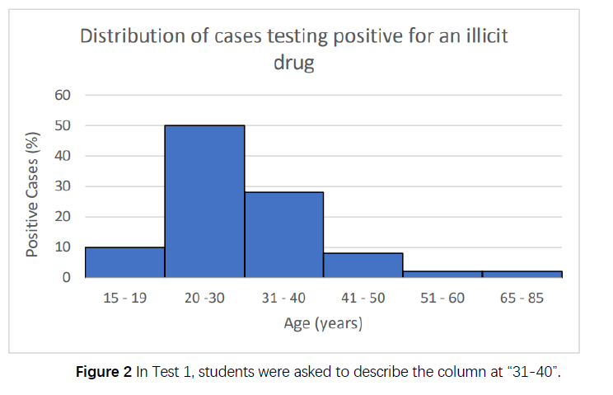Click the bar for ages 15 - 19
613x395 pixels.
click(124, 262)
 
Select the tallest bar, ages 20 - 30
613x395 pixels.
click(204, 201)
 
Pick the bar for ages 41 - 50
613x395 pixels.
click(363, 266)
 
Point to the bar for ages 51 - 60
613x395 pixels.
click(442, 274)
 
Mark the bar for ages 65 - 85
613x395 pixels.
click(522, 274)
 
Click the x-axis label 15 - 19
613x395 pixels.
click(124, 299)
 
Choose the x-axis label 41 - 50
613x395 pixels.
click(363, 299)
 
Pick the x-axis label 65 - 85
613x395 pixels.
click(522, 299)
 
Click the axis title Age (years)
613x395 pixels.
click(323, 323)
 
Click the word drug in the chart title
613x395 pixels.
click(294, 63)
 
